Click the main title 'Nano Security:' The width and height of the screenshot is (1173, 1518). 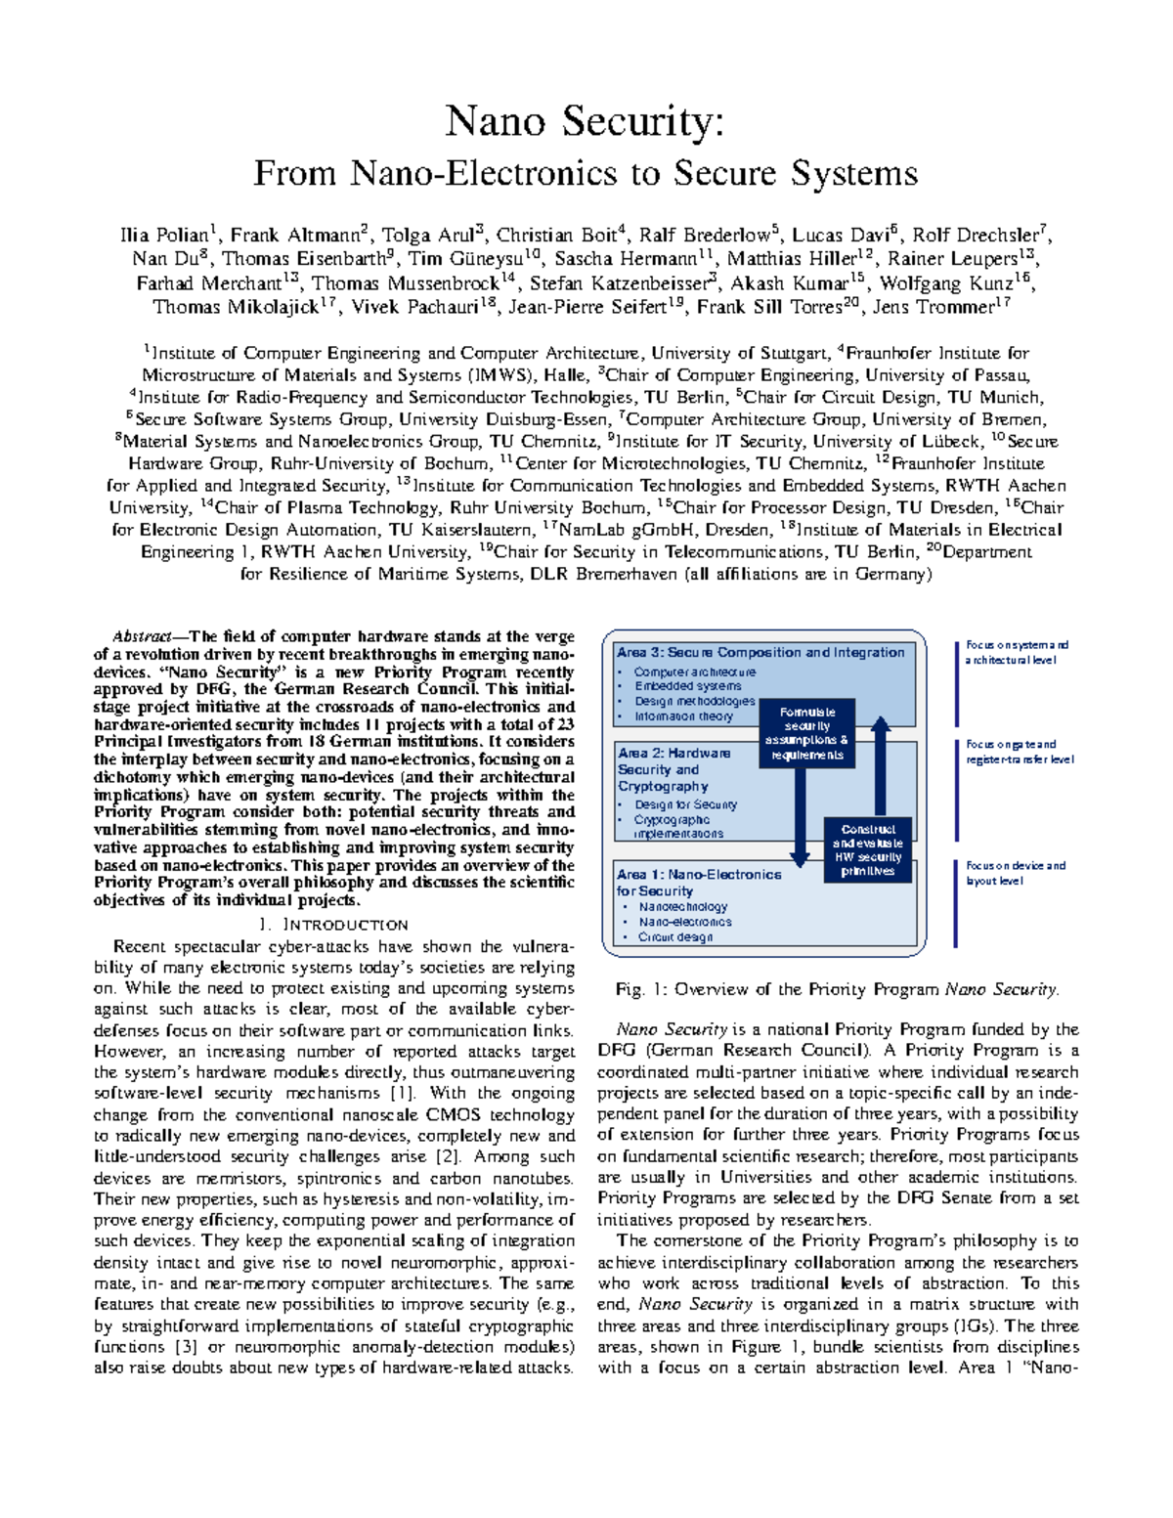pos(586,121)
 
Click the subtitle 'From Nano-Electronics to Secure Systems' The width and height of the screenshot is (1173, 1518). pos(586,173)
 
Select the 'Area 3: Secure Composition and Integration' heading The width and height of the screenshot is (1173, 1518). pos(760,652)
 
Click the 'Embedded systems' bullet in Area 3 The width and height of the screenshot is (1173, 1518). pos(688,686)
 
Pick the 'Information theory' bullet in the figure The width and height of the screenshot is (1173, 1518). pos(683,716)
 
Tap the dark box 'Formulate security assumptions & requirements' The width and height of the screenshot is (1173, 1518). pos(806,733)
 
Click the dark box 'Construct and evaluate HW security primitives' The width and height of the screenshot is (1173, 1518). pos(867,849)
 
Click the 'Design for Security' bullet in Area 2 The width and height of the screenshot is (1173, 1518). pos(685,804)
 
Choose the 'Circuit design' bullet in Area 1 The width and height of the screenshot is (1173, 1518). pos(675,936)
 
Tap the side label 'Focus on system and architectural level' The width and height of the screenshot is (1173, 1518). pos(1017,652)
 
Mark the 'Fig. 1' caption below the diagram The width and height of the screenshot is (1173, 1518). pos(837,989)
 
